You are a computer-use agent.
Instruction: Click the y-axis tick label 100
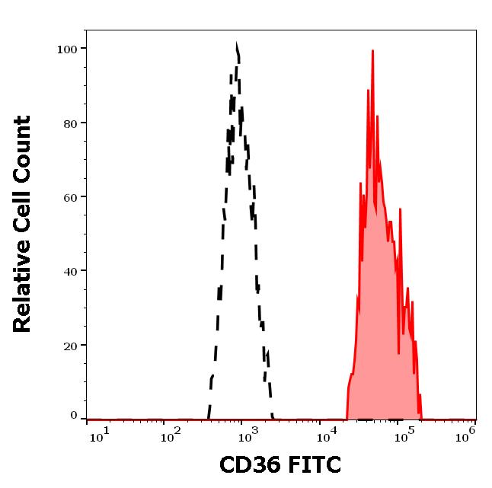tap(68, 49)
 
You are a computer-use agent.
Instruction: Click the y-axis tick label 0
tap(74, 416)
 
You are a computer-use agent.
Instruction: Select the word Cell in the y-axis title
tap(23, 214)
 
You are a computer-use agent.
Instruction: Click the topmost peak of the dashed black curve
tap(237, 46)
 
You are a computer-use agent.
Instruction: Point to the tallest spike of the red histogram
tap(372, 52)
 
